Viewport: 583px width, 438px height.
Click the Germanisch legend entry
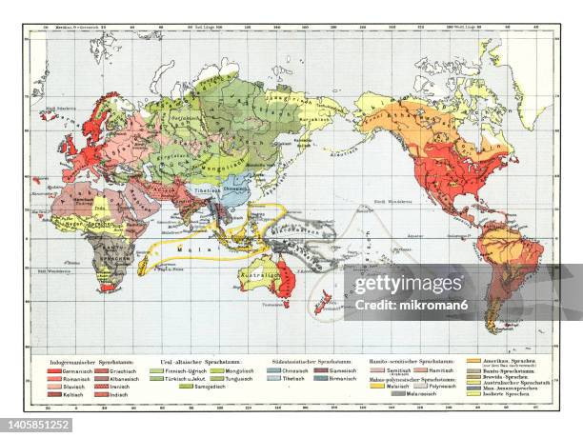click(76, 369)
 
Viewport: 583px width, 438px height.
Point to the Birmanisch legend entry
click(353, 378)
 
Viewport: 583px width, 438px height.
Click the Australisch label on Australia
click(257, 276)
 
